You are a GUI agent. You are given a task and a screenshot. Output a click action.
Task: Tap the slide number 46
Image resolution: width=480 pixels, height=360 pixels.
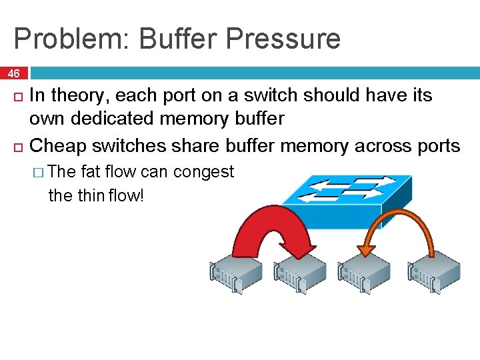click(13, 72)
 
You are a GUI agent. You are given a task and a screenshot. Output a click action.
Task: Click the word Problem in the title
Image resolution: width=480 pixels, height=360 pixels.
click(71, 39)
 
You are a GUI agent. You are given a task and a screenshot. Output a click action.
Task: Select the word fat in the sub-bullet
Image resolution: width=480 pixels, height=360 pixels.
click(91, 172)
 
